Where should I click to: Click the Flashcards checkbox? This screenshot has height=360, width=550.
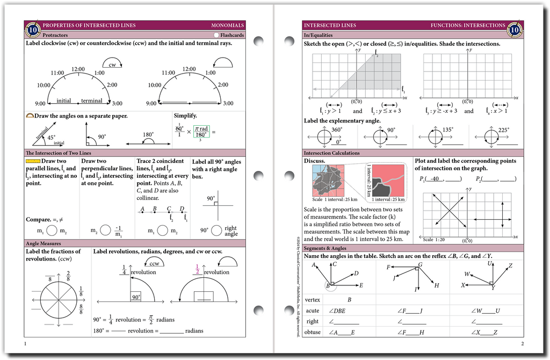click(x=216, y=35)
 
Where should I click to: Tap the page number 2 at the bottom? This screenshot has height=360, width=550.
click(x=522, y=343)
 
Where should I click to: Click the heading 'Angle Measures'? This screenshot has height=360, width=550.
click(x=41, y=243)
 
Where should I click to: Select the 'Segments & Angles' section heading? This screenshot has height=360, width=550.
click(x=324, y=248)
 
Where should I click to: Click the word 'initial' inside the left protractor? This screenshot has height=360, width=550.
click(x=63, y=100)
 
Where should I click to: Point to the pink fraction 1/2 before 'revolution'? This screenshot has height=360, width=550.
click(x=197, y=270)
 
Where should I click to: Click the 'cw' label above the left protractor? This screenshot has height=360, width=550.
click(x=112, y=64)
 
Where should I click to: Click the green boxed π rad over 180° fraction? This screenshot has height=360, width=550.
click(x=201, y=132)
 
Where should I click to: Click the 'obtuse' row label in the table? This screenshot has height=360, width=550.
click(x=312, y=332)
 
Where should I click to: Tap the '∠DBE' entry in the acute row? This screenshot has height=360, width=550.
click(x=337, y=311)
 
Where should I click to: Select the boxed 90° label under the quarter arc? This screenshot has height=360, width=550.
click(x=136, y=297)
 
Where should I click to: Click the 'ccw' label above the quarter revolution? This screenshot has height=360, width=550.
click(x=154, y=263)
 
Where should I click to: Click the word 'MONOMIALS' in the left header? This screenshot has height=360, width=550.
click(x=227, y=25)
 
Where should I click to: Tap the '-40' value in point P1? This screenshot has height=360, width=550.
click(x=435, y=179)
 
